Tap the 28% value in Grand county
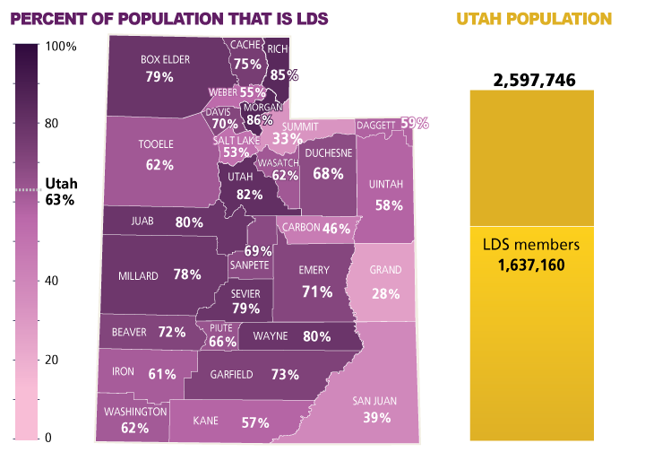pyautogui.click(x=386, y=294)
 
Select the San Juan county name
pyautogui.click(x=377, y=400)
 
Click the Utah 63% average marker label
pyautogui.click(x=60, y=191)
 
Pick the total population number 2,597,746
pyautogui.click(x=533, y=81)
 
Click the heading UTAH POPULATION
pyautogui.click(x=534, y=18)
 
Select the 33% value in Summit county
pyautogui.click(x=287, y=138)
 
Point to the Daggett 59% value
pyautogui.click(x=414, y=123)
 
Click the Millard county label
pyautogui.click(x=138, y=275)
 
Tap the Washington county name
pyautogui.click(x=134, y=412)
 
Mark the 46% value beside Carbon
pyautogui.click(x=336, y=228)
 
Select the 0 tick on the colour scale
pyautogui.click(x=47, y=438)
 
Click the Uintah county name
pyautogui.click(x=387, y=185)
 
